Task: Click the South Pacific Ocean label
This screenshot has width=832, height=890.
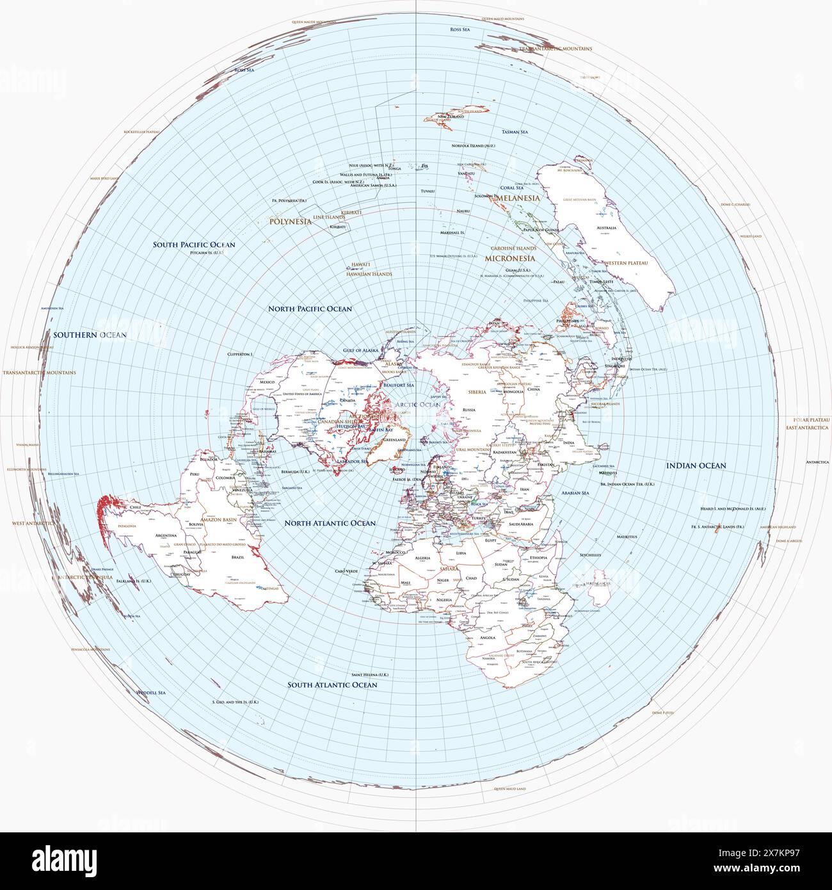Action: (x=194, y=245)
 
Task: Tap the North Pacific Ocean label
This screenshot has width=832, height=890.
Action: (x=310, y=309)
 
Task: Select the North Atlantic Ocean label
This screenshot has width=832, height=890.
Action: (x=330, y=523)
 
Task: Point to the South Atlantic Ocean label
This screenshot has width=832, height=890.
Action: (x=332, y=684)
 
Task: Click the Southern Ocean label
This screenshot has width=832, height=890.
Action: (x=90, y=335)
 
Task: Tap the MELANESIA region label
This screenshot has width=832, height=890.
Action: (x=518, y=198)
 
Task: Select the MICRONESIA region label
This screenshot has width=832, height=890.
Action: (x=509, y=258)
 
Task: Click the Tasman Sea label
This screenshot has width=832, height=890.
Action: (x=515, y=132)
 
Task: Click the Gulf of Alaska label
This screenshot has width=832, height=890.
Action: (x=361, y=350)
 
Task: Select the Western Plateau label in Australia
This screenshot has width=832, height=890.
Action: (x=627, y=263)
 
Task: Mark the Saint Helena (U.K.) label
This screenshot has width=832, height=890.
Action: (x=370, y=675)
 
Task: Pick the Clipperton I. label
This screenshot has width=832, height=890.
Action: (x=241, y=354)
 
